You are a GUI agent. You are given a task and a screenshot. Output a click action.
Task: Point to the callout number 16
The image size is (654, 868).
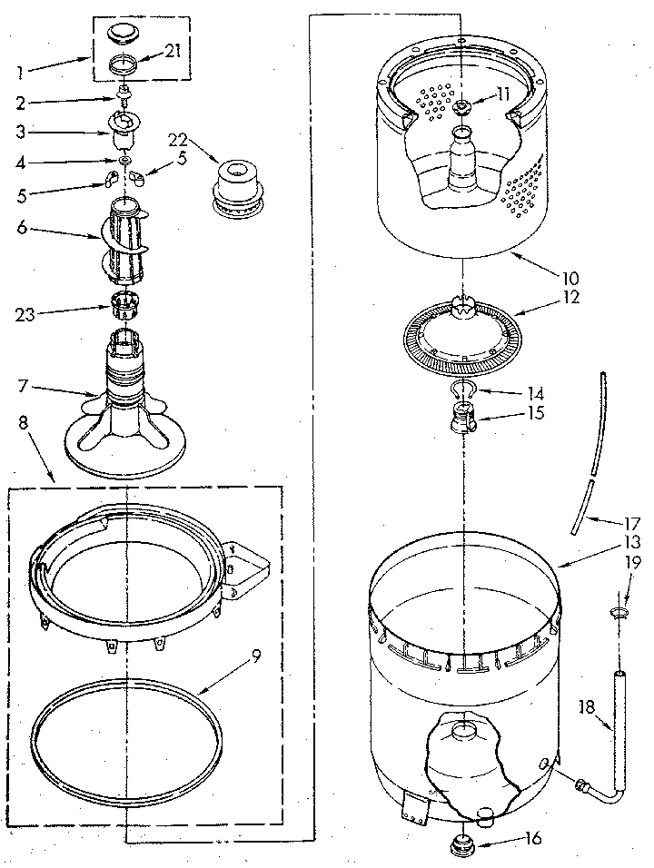point(533,838)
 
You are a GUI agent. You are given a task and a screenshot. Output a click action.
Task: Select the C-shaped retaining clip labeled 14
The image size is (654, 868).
point(462,390)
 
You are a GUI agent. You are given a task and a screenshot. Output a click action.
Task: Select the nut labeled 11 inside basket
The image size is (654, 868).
point(461,109)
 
